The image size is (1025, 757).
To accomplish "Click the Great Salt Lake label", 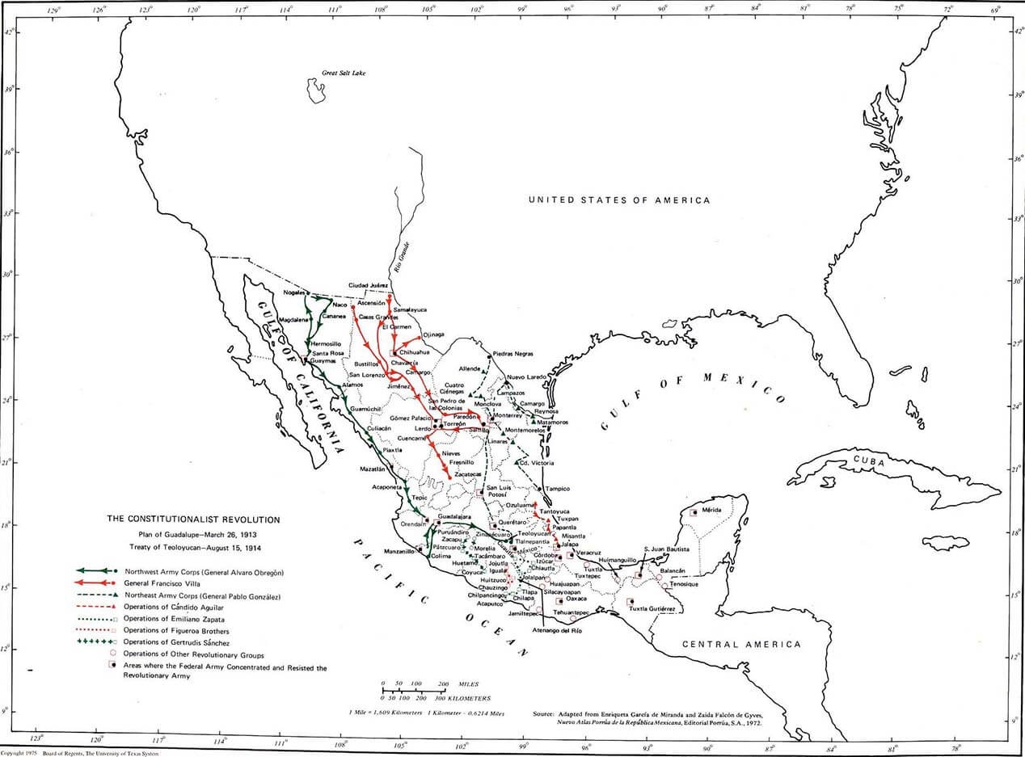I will coord(344,73).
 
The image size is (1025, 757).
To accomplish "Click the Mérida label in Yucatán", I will coord(711,511).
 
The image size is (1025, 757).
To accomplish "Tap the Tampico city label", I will coord(557,489).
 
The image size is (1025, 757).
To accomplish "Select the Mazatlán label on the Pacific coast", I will coord(377,469).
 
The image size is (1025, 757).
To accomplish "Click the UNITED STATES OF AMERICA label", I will coord(618,200).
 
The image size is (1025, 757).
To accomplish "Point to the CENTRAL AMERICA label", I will coord(741,644).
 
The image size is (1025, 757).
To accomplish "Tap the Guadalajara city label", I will coord(453,515).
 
